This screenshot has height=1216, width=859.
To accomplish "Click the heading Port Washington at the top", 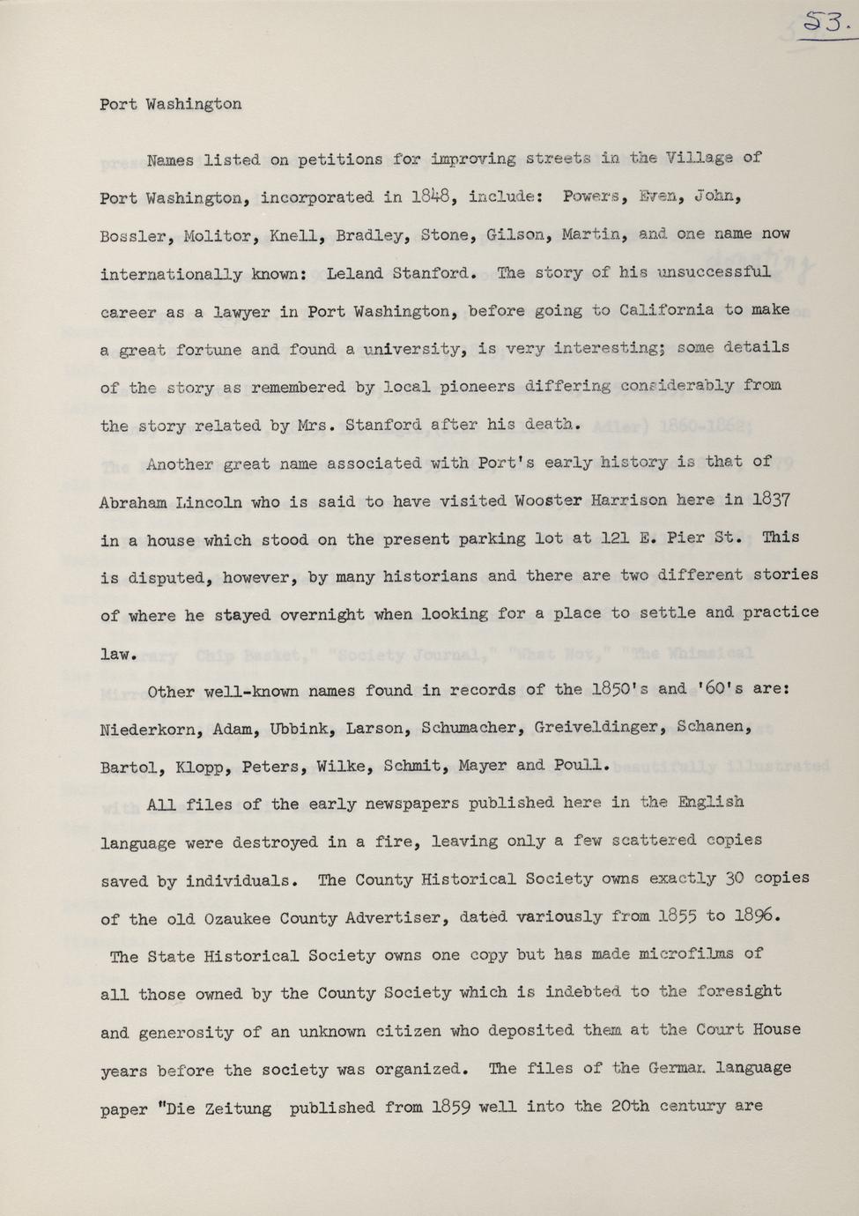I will (x=170, y=104).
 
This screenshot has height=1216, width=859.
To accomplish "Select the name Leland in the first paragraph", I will (x=354, y=273).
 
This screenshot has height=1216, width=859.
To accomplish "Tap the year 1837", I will (x=771, y=500).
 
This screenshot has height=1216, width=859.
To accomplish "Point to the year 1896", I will (x=758, y=916).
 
